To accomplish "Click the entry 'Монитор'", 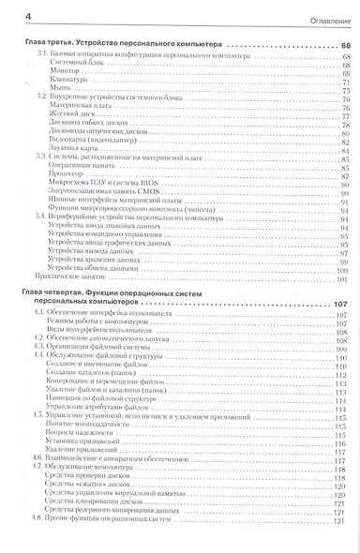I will (x=62, y=74).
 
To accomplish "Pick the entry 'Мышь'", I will (x=57, y=93).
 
